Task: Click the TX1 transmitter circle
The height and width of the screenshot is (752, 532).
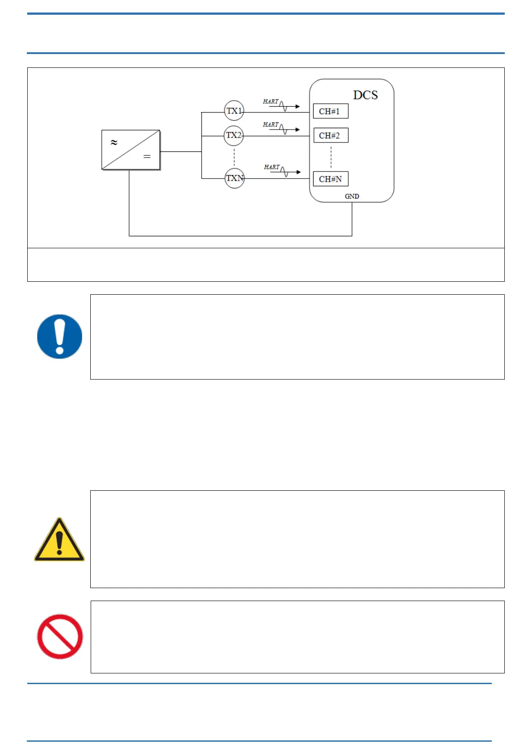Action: click(234, 111)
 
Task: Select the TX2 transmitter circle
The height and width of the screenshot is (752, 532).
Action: click(234, 135)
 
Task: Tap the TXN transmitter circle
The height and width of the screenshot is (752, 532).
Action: click(235, 178)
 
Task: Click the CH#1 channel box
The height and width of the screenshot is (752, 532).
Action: click(331, 111)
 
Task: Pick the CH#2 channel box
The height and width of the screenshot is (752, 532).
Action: click(331, 135)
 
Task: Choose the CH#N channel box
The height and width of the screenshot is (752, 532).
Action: click(331, 179)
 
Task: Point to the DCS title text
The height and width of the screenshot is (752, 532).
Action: click(365, 95)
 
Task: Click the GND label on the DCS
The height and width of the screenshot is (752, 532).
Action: click(352, 196)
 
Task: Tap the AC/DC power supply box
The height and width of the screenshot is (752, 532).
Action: click(131, 150)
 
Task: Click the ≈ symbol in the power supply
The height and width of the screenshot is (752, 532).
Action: click(114, 142)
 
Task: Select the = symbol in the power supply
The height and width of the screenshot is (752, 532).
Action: click(147, 157)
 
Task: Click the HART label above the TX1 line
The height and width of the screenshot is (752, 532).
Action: click(271, 102)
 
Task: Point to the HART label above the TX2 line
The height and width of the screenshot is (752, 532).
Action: click(271, 125)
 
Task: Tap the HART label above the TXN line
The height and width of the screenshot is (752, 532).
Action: click(272, 167)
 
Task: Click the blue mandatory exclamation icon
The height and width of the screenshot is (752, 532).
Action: click(59, 336)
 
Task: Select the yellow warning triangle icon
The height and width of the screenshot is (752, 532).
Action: click(59, 540)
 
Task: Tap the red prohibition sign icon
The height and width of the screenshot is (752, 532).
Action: click(59, 636)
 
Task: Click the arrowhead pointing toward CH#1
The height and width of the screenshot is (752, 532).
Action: click(297, 106)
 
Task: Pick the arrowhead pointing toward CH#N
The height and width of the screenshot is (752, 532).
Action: click(298, 172)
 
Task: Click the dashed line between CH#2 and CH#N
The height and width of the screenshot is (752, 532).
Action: click(331, 157)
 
